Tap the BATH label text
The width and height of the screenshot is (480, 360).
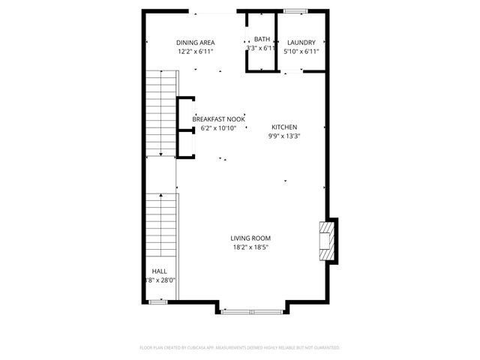pos(262,39)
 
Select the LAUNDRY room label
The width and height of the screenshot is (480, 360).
pos(301,43)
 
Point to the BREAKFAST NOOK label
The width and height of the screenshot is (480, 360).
pos(218,119)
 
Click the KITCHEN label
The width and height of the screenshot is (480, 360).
pos(285,127)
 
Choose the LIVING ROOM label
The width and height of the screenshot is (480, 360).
pos(250,238)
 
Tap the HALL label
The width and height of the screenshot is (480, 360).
pos(160,271)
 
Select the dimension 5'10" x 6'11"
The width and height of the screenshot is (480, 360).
pos(301,52)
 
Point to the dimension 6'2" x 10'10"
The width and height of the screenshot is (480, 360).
pos(218,128)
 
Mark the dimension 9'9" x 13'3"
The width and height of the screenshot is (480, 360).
pos(285,136)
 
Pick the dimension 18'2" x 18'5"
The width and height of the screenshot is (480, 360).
pos(250,247)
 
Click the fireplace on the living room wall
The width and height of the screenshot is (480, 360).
pos(326,240)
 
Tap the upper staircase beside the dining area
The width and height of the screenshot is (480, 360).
pos(160,112)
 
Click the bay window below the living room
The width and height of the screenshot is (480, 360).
pos(251,309)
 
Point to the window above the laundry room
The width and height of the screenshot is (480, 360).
pos(295,10)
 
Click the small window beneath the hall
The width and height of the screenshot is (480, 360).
pos(157,301)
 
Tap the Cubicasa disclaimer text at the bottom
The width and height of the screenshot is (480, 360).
pos(240,348)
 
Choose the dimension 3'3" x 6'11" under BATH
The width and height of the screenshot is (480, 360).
pos(262,48)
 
